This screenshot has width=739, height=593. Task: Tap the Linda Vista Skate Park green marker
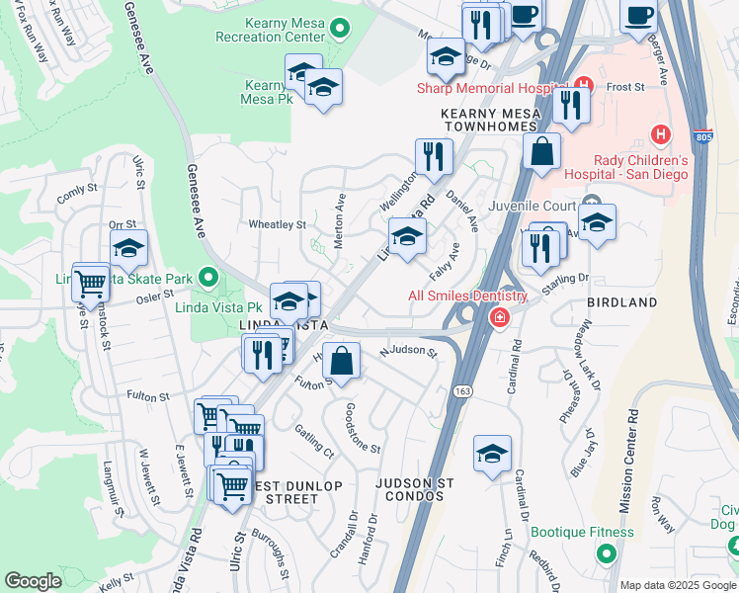pyautogui.click(x=207, y=279)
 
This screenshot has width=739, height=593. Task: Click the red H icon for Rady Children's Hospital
pyautogui.click(x=660, y=132)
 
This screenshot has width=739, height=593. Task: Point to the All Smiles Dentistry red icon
pyautogui.click(x=500, y=316)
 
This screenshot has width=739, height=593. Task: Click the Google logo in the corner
pyautogui.click(x=33, y=580)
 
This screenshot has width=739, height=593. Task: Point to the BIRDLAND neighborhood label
pyautogui.click(x=622, y=301)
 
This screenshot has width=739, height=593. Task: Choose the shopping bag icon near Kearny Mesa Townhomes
pyautogui.click(x=541, y=153)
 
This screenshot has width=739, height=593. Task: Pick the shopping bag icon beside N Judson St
pyautogui.click(x=341, y=361)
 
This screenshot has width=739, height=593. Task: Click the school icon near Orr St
pyautogui.click(x=128, y=250)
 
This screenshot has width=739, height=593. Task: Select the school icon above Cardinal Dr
pyautogui.click(x=492, y=455)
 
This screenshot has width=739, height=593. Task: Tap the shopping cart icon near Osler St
pyautogui.click(x=91, y=283)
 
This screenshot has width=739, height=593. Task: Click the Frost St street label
pyautogui.click(x=625, y=87)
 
